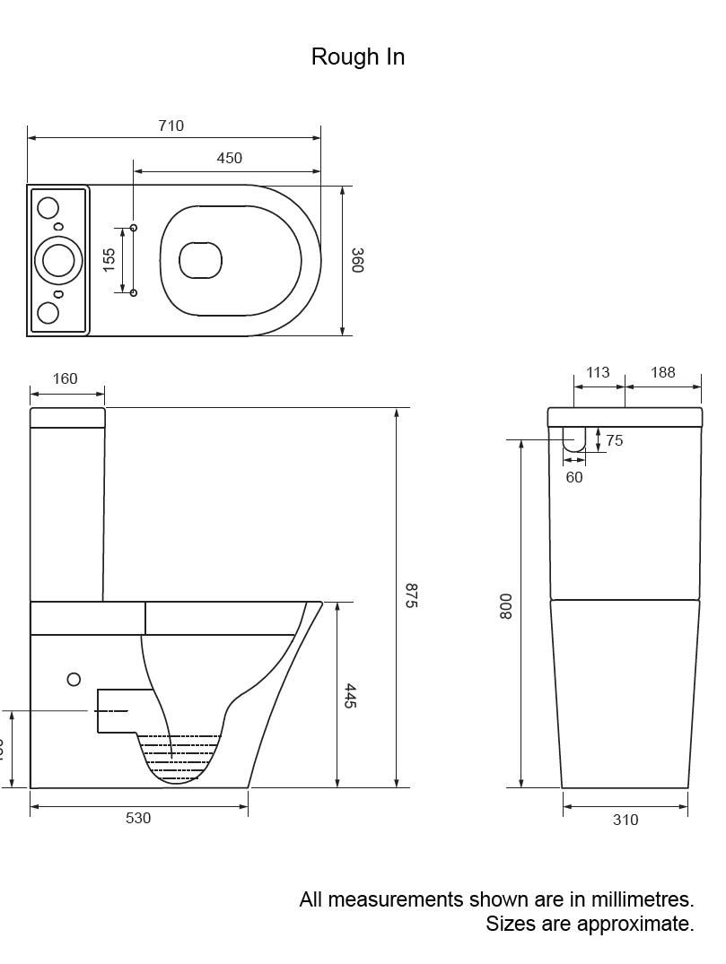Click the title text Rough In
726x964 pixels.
pyautogui.click(x=357, y=56)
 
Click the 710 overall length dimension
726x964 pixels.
pyautogui.click(x=171, y=126)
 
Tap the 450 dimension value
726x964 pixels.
pyautogui.click(x=229, y=159)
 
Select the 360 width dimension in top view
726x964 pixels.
pyautogui.click(x=356, y=261)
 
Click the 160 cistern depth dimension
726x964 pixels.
pyautogui.click(x=65, y=378)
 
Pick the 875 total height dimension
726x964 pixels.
pyautogui.click(x=411, y=596)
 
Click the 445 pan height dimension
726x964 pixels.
pyautogui.click(x=350, y=697)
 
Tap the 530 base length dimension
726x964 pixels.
pyautogui.click(x=138, y=819)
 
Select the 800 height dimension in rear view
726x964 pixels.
pyautogui.click(x=506, y=606)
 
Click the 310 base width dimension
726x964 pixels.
pyautogui.click(x=625, y=820)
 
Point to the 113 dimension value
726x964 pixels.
pyautogui.click(x=598, y=373)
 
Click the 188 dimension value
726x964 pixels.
pyautogui.click(x=663, y=373)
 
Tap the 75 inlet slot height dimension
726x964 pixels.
pyautogui.click(x=615, y=440)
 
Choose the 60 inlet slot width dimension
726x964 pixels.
pyautogui.click(x=574, y=477)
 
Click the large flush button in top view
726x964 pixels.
pyautogui.click(x=58, y=260)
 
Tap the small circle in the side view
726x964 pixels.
pyautogui.click(x=74, y=680)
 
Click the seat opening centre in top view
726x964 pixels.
pyautogui.click(x=200, y=261)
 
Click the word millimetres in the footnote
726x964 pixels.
pyautogui.click(x=626, y=899)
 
